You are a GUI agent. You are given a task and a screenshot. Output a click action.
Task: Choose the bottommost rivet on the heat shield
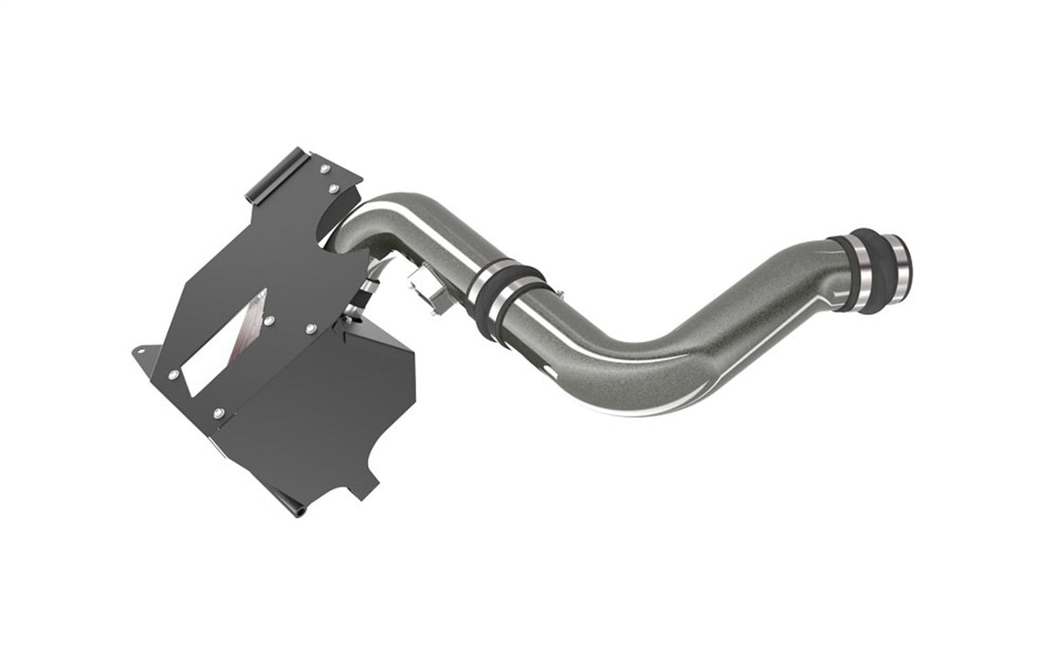tap(217, 411)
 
